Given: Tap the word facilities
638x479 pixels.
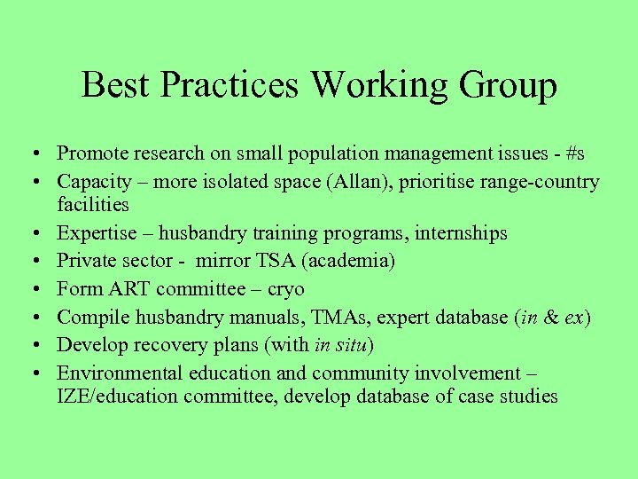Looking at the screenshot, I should point(93,205).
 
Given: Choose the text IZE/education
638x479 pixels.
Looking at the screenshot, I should point(113,397).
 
